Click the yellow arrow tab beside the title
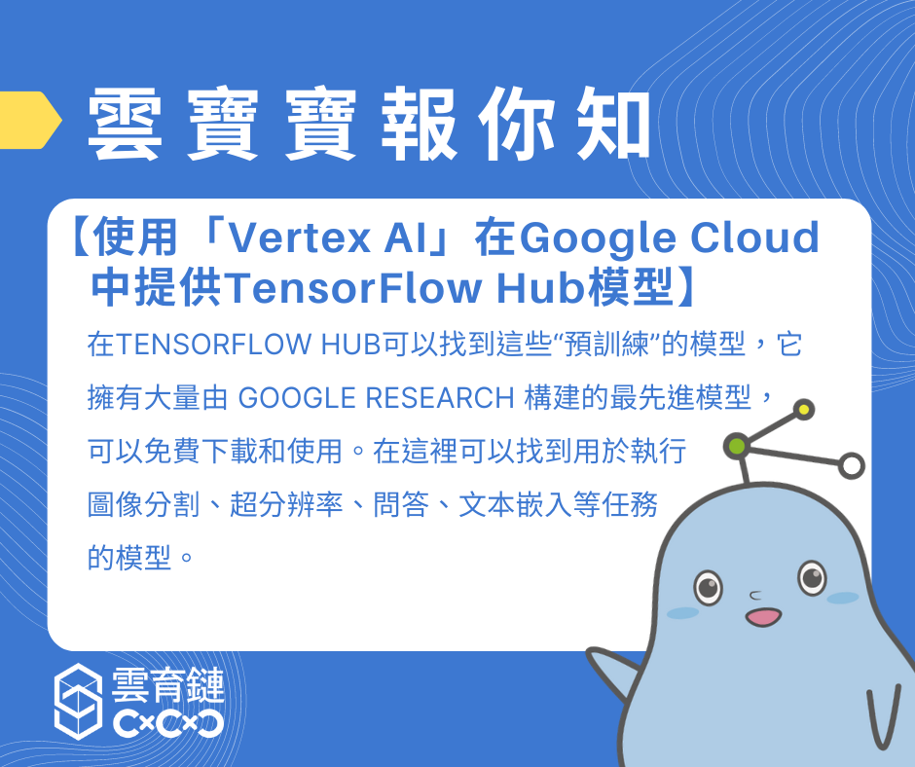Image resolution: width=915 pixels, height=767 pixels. tap(29, 120)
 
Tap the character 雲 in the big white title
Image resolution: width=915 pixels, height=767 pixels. tap(125, 124)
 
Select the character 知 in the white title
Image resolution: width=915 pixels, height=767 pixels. tap(613, 124)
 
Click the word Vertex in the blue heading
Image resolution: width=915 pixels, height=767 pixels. tap(298, 237)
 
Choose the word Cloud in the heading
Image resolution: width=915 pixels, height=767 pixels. tap(755, 237)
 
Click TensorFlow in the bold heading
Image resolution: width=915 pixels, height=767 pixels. tap(352, 287)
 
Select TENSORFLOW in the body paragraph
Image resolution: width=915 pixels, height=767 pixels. tap(213, 345)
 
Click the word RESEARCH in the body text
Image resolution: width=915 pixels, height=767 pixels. tap(440, 398)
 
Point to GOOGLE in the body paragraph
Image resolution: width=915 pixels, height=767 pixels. tap(297, 398)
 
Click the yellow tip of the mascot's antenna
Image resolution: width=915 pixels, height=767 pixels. tap(804, 410)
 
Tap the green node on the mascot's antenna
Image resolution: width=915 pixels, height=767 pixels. tap(737, 447)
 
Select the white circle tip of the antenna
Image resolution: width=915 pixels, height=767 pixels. tap(852, 465)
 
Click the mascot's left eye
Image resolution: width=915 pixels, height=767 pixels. tap(708, 587)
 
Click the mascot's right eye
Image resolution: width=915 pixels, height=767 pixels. tap(812, 578)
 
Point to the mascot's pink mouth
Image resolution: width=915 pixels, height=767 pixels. tap(763, 617)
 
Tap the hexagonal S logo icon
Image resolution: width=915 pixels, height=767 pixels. tap(78, 701)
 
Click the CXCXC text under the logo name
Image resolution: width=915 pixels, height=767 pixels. tap(168, 724)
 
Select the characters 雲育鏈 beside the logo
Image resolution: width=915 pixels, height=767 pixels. tap(168, 684)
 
